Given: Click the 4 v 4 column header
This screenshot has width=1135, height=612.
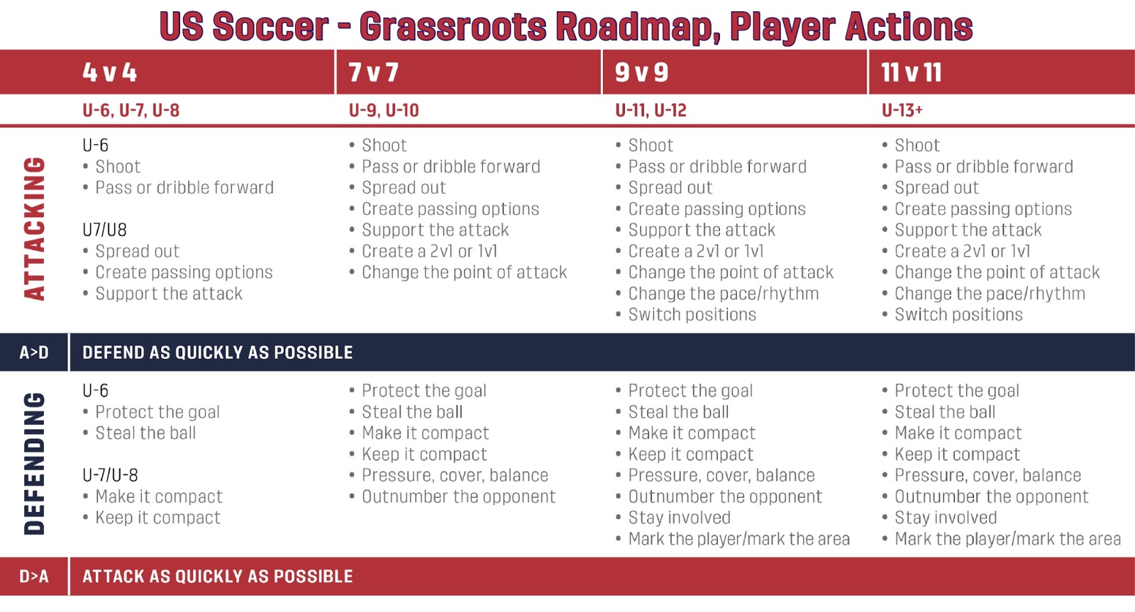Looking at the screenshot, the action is (110, 72).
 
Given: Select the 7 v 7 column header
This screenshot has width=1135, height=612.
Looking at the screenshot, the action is (373, 72).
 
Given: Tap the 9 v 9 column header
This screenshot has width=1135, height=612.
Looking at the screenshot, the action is (641, 72).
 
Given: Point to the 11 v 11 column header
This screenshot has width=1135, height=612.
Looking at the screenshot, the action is (911, 72).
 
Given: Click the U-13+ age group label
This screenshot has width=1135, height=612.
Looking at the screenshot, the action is (902, 111).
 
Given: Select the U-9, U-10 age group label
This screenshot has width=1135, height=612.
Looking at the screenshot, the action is (384, 111).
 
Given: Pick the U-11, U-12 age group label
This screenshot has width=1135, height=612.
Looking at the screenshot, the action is (650, 111).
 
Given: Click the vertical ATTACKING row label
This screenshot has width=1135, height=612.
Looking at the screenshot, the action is (35, 229).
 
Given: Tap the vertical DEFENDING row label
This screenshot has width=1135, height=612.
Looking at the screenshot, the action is (35, 464).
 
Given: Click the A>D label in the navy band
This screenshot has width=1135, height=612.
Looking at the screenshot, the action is (34, 352).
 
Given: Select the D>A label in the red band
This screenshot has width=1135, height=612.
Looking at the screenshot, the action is (34, 577).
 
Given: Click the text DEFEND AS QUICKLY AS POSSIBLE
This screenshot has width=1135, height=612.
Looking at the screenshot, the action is (217, 352).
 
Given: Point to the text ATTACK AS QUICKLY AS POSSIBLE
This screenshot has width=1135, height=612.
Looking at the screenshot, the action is (217, 577).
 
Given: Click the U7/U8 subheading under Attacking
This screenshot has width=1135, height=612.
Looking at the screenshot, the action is (104, 230).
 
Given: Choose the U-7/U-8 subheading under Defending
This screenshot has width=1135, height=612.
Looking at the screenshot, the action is (110, 475).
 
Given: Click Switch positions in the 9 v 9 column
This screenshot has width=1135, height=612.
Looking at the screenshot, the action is (692, 315).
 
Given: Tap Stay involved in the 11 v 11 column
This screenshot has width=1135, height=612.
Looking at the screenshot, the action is (946, 518).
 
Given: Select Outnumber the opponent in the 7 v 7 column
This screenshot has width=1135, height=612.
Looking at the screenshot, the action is (458, 496).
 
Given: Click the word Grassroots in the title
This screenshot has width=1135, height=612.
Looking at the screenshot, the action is (453, 26).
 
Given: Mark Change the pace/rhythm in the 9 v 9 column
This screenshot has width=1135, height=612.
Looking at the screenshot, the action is (724, 294).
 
